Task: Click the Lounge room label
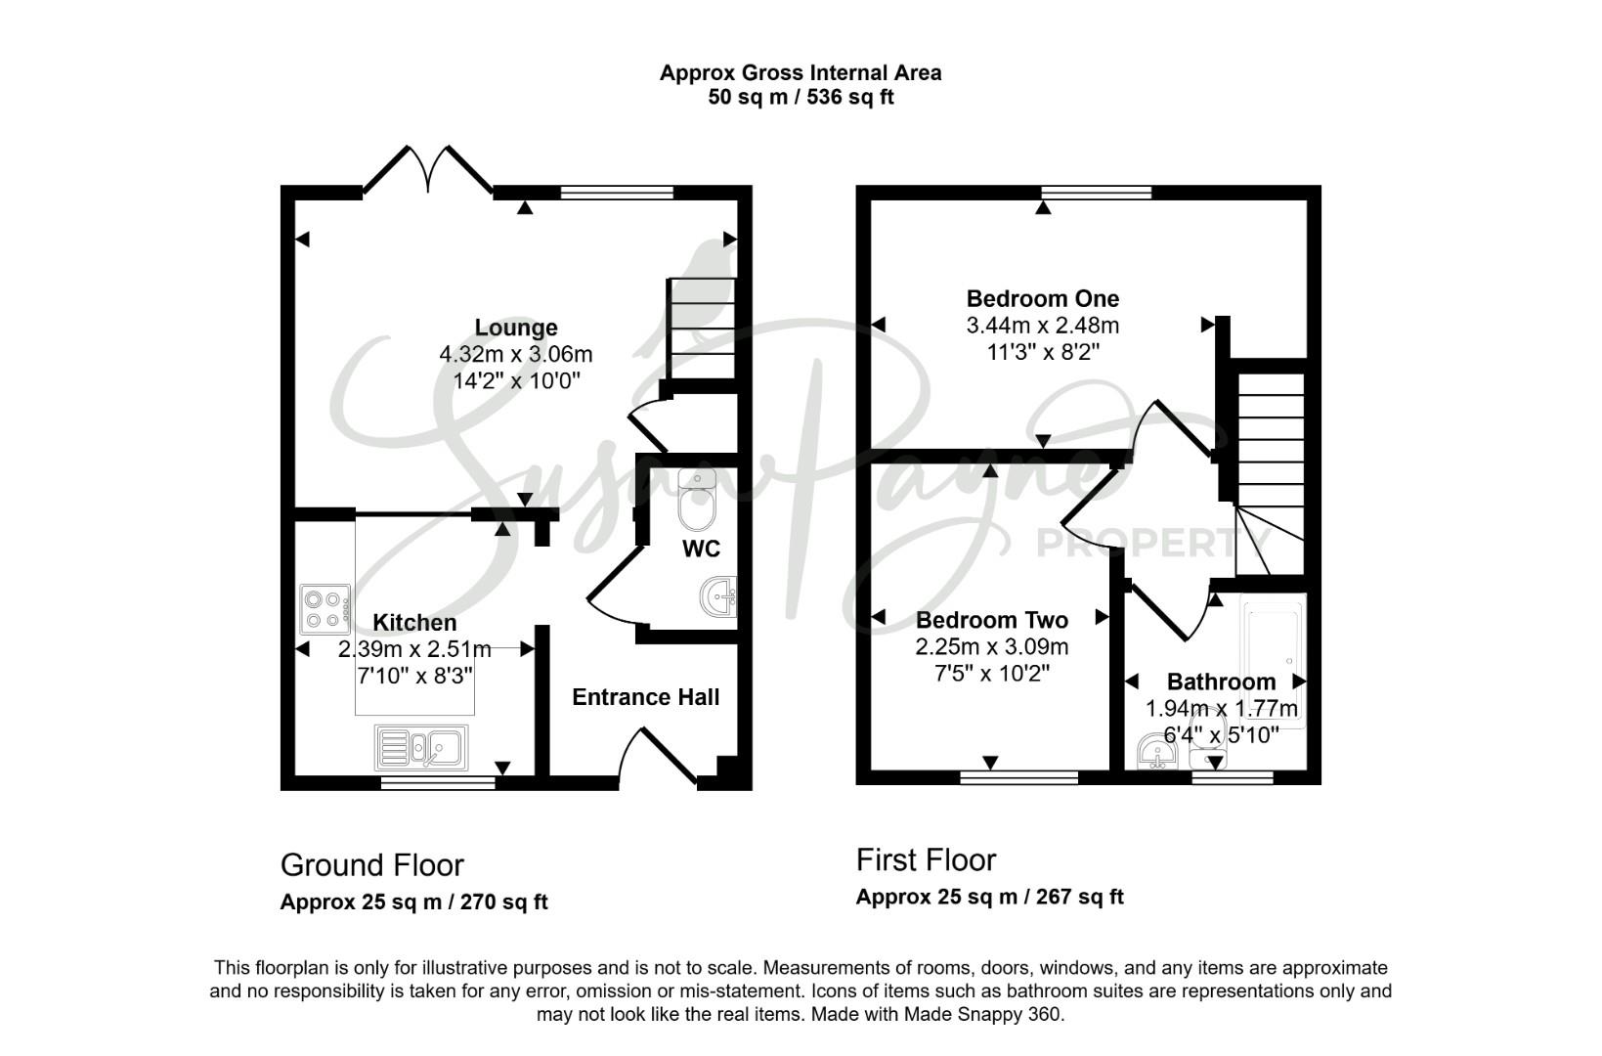pos(516,328)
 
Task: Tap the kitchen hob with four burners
pos(325,609)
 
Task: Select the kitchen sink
pos(421,748)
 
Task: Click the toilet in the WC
pos(697,498)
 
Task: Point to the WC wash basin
pos(718,597)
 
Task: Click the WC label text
pos(701,549)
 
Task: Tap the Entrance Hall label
pos(646,697)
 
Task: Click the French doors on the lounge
pos(428,169)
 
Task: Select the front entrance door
pos(658,757)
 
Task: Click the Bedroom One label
pos(1043,298)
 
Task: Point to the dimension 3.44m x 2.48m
pos(1043,326)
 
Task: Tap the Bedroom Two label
pos(992,620)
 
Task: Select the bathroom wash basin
pos(1157,751)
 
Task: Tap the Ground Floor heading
pos(371,865)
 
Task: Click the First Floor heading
pos(926,860)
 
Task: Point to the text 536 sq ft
pos(850,97)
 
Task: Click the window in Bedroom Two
pos(1019,777)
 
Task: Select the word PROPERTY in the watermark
pos(1152,544)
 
